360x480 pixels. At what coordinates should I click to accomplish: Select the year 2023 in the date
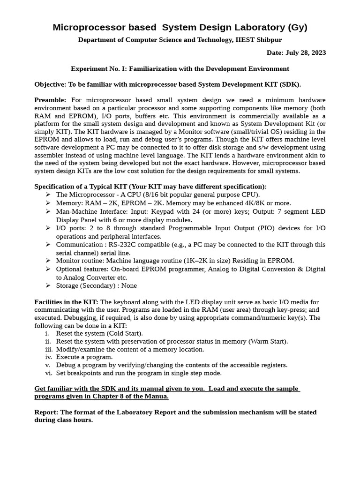point(317,52)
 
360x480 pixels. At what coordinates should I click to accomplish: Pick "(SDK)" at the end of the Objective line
point(291,84)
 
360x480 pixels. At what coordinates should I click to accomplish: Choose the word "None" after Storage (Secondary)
point(129,285)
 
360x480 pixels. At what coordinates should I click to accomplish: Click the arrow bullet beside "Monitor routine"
point(48,261)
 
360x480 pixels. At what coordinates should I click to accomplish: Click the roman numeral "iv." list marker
point(48,357)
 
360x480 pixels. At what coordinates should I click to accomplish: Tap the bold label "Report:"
point(47,412)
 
